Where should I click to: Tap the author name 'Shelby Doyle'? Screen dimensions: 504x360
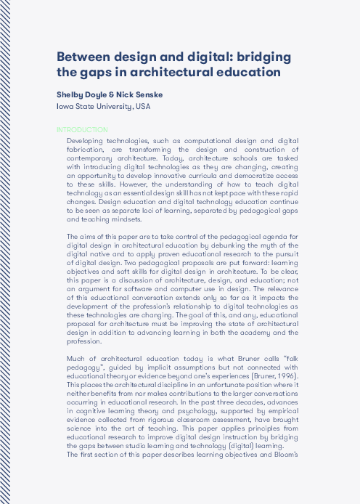82,94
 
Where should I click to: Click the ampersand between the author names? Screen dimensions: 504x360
112,94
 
